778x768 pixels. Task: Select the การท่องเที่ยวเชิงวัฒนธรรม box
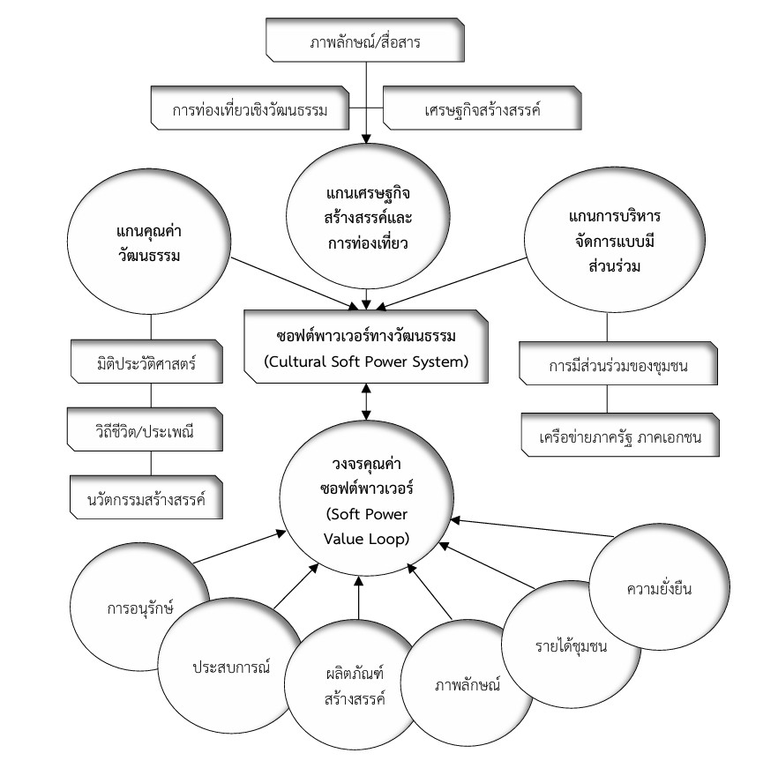(x=250, y=110)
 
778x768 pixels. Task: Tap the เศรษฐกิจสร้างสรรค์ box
(x=482, y=110)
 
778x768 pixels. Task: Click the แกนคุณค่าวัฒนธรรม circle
(x=152, y=237)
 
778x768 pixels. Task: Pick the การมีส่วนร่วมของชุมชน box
(x=605, y=367)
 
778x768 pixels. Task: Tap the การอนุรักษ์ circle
(x=137, y=608)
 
